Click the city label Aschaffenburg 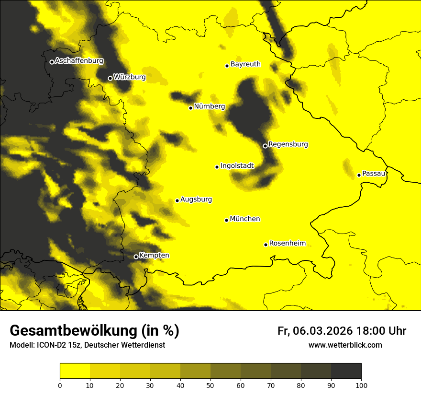click(x=79, y=61)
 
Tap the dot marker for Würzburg click(x=110, y=78)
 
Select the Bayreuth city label click(x=245, y=64)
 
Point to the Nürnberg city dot click(x=191, y=108)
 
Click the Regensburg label click(x=288, y=144)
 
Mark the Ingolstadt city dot click(x=217, y=167)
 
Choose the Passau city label click(x=374, y=174)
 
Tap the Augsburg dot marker click(x=177, y=200)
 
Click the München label click(x=245, y=219)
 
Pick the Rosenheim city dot click(x=266, y=245)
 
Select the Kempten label click(x=154, y=256)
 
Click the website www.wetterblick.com click(x=345, y=345)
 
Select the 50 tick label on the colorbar click(x=210, y=385)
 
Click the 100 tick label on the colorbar click(x=361, y=385)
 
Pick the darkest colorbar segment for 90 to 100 click(x=346, y=371)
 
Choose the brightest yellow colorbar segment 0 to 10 click(x=75, y=371)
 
